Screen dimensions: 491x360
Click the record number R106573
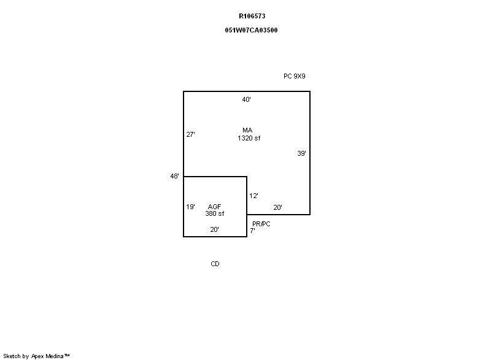click(252, 16)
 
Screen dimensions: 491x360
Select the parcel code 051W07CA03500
click(251, 30)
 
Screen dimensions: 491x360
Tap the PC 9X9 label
click(295, 76)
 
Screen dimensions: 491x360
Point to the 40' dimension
click(247, 99)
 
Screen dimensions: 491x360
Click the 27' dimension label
click(190, 134)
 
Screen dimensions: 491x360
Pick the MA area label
click(247, 130)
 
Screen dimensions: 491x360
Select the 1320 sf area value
click(249, 138)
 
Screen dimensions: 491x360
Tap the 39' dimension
click(301, 153)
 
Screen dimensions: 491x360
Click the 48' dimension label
click(174, 176)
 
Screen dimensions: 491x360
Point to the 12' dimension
click(253, 196)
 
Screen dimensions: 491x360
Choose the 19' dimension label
click(190, 207)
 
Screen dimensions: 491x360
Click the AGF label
click(214, 207)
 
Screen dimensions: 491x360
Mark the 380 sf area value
click(214, 213)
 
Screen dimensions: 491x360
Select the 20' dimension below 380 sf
click(214, 229)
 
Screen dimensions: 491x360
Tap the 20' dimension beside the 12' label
click(278, 207)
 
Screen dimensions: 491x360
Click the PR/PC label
click(261, 224)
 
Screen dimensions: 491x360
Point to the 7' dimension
click(252, 231)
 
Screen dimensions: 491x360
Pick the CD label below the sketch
click(215, 264)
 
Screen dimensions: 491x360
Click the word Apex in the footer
click(37, 356)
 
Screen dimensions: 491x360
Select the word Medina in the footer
click(55, 356)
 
